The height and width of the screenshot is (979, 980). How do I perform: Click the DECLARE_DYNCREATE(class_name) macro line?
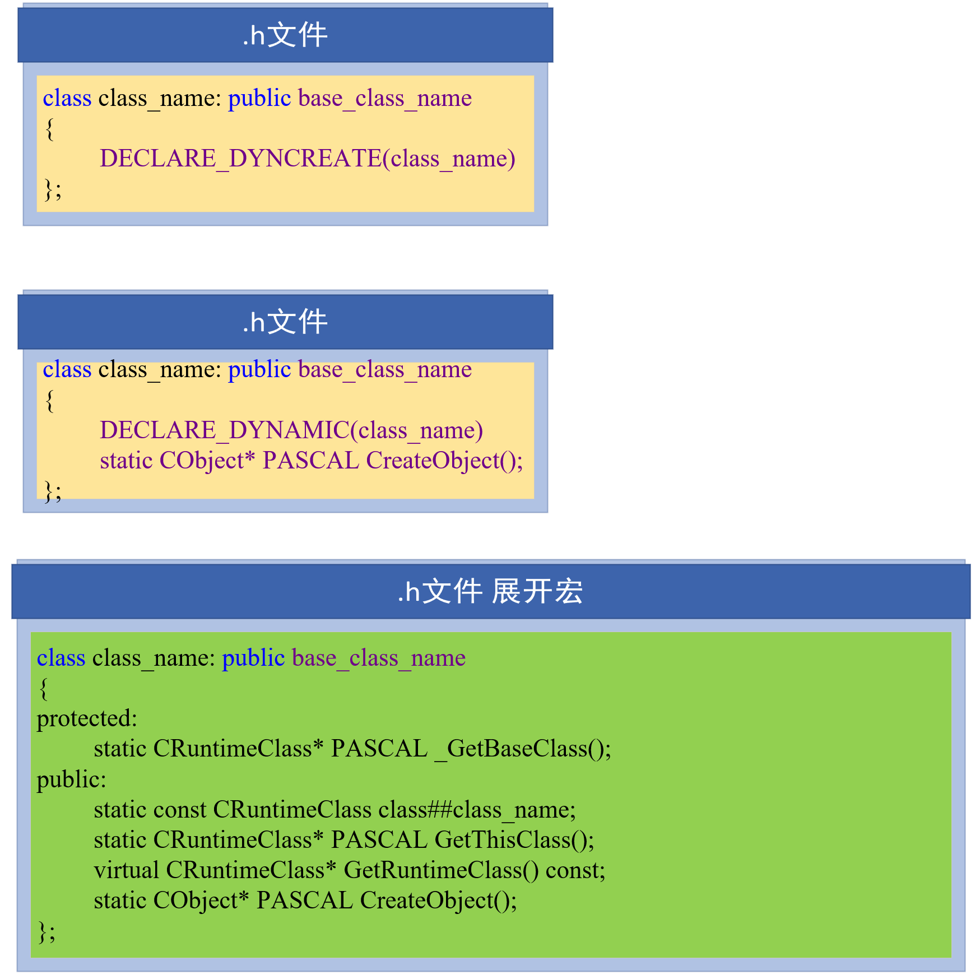coord(307,159)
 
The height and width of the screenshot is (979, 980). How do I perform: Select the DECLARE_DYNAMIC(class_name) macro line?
coord(291,430)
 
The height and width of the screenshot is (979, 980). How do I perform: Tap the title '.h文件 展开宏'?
coord(490,592)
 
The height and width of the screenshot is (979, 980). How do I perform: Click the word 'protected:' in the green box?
coord(87,719)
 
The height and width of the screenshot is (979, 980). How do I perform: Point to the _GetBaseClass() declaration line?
coord(352,749)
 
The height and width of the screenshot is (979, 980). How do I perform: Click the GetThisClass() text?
coord(514,840)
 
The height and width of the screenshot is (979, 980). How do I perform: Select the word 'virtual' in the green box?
coord(126,871)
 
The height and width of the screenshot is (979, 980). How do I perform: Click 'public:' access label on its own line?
coord(71,780)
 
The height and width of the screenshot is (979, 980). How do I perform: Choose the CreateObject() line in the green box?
coord(305,901)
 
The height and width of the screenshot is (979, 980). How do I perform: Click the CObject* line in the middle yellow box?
coord(311,461)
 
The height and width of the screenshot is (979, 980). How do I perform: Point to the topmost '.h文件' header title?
coord(285,35)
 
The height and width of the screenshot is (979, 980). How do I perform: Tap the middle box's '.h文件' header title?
coord(285,322)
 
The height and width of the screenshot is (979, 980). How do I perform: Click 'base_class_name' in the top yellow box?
coord(385,99)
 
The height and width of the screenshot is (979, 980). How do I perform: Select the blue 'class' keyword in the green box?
coord(61,658)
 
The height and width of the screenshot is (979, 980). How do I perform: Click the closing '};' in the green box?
coord(47,931)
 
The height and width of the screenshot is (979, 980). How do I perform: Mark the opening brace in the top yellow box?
coord(50,129)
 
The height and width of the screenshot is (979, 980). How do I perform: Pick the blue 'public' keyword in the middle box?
coord(259,370)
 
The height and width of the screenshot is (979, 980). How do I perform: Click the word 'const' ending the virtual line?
coord(575,871)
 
